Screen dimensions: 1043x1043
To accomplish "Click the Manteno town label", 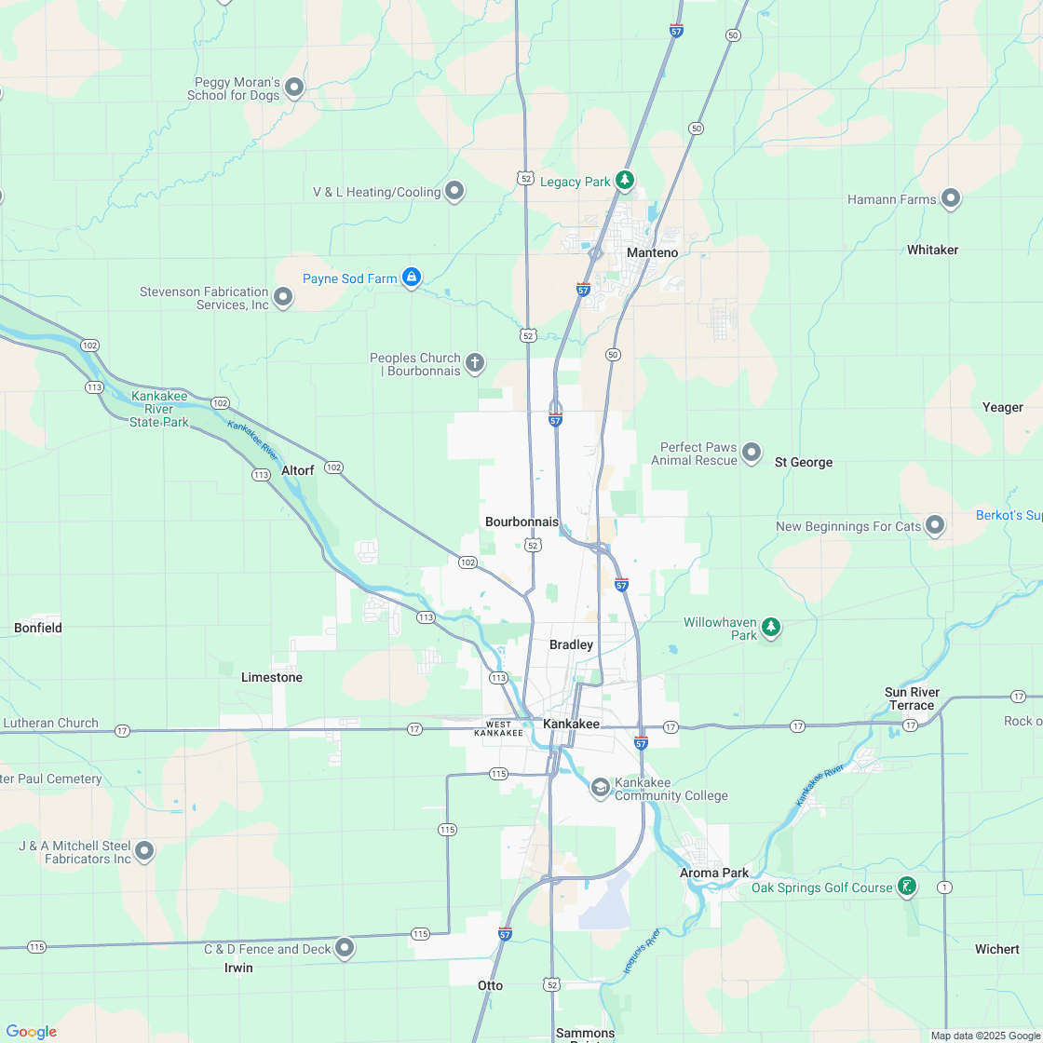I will [652, 252].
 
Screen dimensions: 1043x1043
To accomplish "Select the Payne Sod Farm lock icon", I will [412, 277].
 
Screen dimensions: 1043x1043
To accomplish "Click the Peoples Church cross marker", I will [475, 362].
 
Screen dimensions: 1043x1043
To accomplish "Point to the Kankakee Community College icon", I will [601, 788].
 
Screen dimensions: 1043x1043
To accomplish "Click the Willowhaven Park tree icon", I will [770, 626].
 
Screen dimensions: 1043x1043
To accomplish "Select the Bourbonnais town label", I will [521, 521].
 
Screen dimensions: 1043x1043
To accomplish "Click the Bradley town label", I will [571, 644].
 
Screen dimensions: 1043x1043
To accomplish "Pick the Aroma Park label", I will [714, 873].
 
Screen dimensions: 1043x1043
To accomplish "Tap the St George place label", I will [804, 462].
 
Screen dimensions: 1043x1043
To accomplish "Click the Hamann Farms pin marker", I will [951, 197].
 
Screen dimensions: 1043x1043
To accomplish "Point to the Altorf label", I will [298, 470].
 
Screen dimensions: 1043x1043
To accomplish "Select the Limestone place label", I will [272, 677].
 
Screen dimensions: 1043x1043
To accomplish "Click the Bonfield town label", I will [38, 628].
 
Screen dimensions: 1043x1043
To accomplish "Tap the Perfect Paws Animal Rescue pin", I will [752, 453].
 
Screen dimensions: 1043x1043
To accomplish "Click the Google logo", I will [32, 1031].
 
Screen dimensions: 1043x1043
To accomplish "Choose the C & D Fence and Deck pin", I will [345, 947].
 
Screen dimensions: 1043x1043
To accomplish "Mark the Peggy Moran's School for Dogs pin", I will [294, 88].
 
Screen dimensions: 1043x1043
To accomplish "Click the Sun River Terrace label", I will [912, 698].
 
